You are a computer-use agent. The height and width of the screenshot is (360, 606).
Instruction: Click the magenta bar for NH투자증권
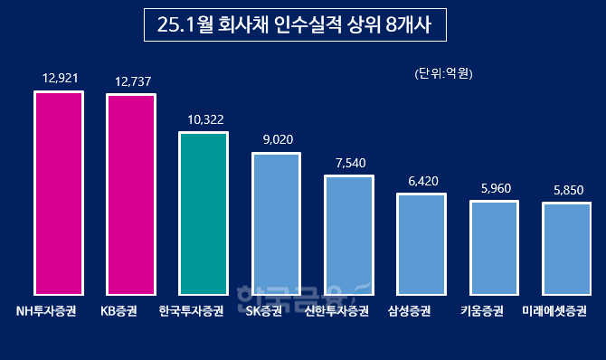click(x=59, y=194)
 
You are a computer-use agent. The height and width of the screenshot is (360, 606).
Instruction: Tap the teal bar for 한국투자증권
click(x=204, y=213)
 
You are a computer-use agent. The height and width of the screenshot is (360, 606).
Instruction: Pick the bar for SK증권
click(x=276, y=224)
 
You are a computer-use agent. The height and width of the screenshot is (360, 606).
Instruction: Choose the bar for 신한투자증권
click(x=349, y=235)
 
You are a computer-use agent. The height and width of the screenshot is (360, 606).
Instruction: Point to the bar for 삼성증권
click(x=421, y=244)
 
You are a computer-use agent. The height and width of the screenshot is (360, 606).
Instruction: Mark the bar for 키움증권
click(x=494, y=248)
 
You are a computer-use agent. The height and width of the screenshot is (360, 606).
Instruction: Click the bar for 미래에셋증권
click(x=566, y=249)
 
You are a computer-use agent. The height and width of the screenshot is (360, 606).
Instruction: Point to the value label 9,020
click(x=275, y=140)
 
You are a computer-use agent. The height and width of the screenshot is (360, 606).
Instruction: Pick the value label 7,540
click(x=348, y=163)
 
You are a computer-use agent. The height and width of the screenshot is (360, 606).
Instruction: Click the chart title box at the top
click(x=296, y=26)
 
